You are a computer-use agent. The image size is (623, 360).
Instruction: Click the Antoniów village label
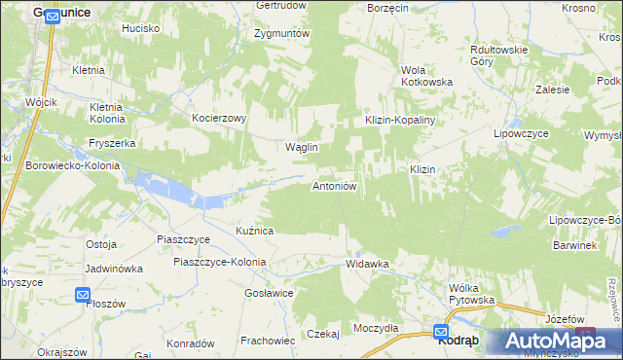coord(337,185)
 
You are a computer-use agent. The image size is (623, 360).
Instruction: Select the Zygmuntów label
coord(281,33)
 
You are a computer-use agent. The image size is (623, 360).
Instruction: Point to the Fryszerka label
coord(111,143)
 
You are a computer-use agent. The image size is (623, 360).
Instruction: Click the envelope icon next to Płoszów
coord(83,294)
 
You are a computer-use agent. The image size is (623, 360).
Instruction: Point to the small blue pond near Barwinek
coord(503,232)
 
